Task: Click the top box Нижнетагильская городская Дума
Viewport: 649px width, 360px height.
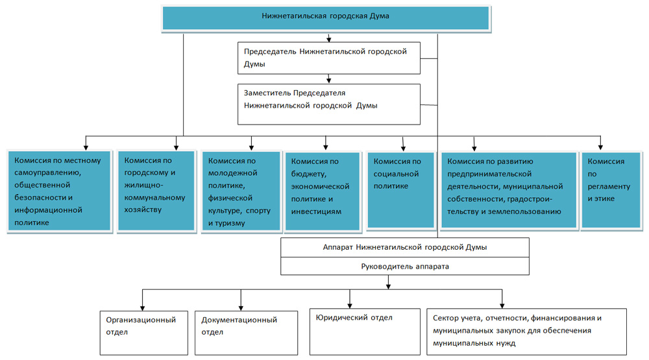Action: click(x=326, y=18)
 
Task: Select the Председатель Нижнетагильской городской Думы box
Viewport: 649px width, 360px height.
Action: click(x=328, y=58)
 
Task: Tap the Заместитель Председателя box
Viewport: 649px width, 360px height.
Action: click(x=328, y=104)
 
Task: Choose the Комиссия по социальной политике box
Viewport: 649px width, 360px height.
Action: click(x=400, y=190)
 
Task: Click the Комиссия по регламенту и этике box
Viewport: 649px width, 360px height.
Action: click(x=611, y=190)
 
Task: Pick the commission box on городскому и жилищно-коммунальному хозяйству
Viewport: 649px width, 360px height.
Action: click(x=156, y=190)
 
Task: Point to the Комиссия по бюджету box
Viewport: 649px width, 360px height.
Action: click(x=323, y=191)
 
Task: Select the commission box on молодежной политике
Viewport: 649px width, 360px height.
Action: click(x=241, y=191)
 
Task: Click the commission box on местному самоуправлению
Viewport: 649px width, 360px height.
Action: click(x=60, y=190)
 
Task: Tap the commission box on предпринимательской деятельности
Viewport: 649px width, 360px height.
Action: click(x=509, y=190)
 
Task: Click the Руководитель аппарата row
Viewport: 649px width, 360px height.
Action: click(x=405, y=267)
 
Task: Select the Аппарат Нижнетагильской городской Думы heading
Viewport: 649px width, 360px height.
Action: click(x=405, y=247)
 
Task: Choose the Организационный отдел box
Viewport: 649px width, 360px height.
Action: click(x=144, y=333)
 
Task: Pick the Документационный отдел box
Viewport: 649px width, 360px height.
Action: click(x=246, y=333)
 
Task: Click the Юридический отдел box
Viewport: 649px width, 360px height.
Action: click(x=365, y=332)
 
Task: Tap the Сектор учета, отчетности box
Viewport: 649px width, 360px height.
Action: click(x=526, y=332)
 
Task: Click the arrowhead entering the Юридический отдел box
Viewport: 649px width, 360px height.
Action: click(x=350, y=306)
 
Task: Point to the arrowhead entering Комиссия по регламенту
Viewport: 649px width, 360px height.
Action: click(x=600, y=147)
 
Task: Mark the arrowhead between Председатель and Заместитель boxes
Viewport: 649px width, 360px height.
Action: click(x=328, y=81)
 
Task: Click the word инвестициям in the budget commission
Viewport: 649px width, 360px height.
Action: click(x=316, y=211)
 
